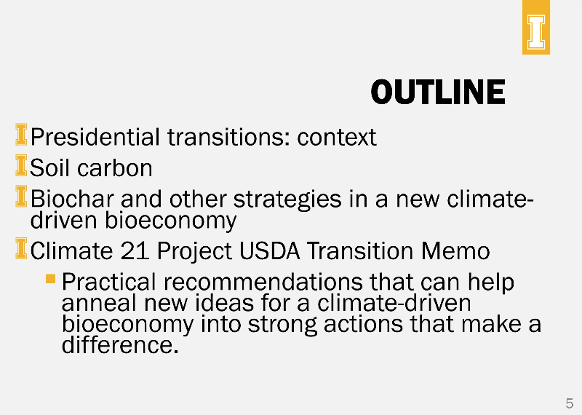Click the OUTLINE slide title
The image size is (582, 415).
tap(437, 92)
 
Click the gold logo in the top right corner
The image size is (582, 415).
tap(536, 28)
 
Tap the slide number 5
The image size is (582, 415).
tap(569, 403)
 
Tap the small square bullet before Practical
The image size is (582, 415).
tap(50, 278)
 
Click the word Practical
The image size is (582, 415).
tap(109, 282)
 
